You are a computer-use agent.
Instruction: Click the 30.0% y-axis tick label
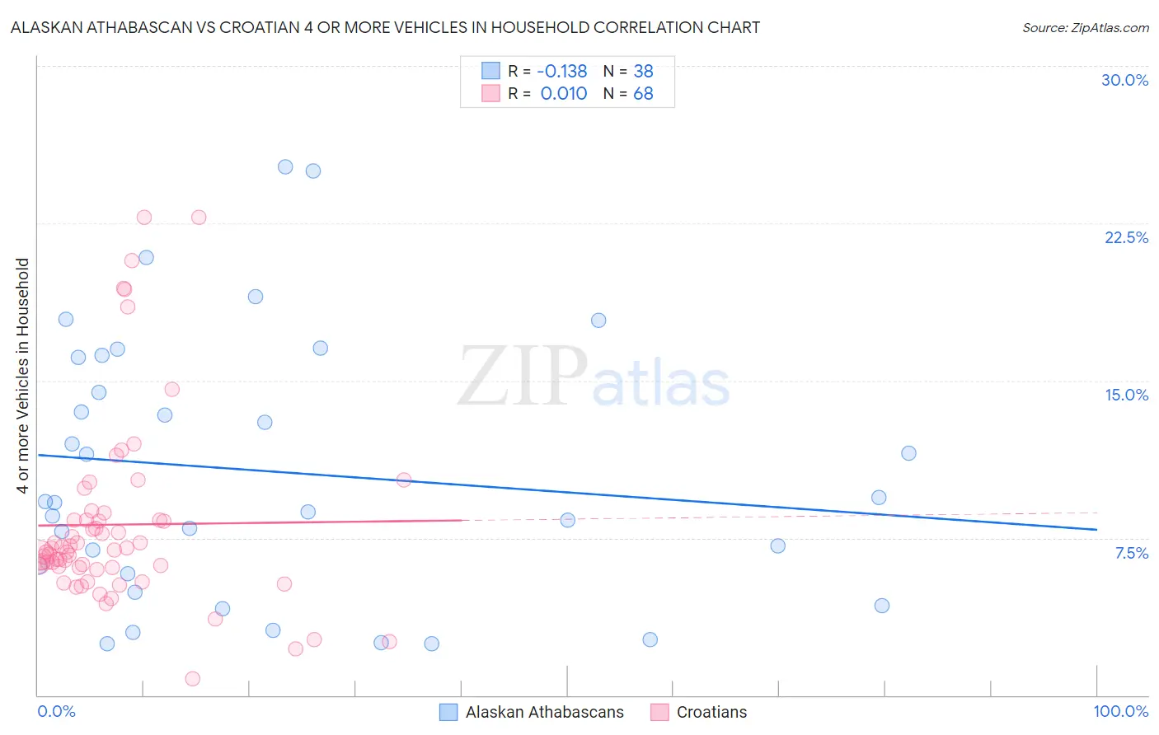click(x=1124, y=80)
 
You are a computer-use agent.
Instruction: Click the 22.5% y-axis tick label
click(x=1126, y=237)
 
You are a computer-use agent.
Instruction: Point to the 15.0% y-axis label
click(x=1126, y=395)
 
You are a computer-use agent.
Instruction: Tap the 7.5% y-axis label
click(x=1131, y=553)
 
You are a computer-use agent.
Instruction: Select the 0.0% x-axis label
click(x=56, y=711)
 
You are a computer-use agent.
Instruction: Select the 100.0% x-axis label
click(x=1120, y=711)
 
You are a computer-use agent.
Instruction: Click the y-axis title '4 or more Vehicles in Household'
click(x=23, y=376)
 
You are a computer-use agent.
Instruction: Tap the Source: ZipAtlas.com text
click(x=1085, y=28)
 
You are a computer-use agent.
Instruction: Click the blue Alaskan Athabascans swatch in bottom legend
click(x=448, y=712)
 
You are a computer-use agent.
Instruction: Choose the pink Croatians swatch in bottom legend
click(x=659, y=712)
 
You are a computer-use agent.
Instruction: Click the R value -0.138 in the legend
click(x=562, y=71)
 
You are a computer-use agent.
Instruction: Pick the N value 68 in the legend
click(x=643, y=94)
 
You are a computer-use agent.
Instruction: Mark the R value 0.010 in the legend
click(x=564, y=94)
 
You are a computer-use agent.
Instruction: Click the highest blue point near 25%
click(x=285, y=166)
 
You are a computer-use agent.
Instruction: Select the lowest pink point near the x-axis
click(x=192, y=678)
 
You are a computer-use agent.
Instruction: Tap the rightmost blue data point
click(x=908, y=453)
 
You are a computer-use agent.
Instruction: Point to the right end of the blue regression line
click(x=1096, y=529)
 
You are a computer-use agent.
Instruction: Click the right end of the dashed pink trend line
click(x=1096, y=513)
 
